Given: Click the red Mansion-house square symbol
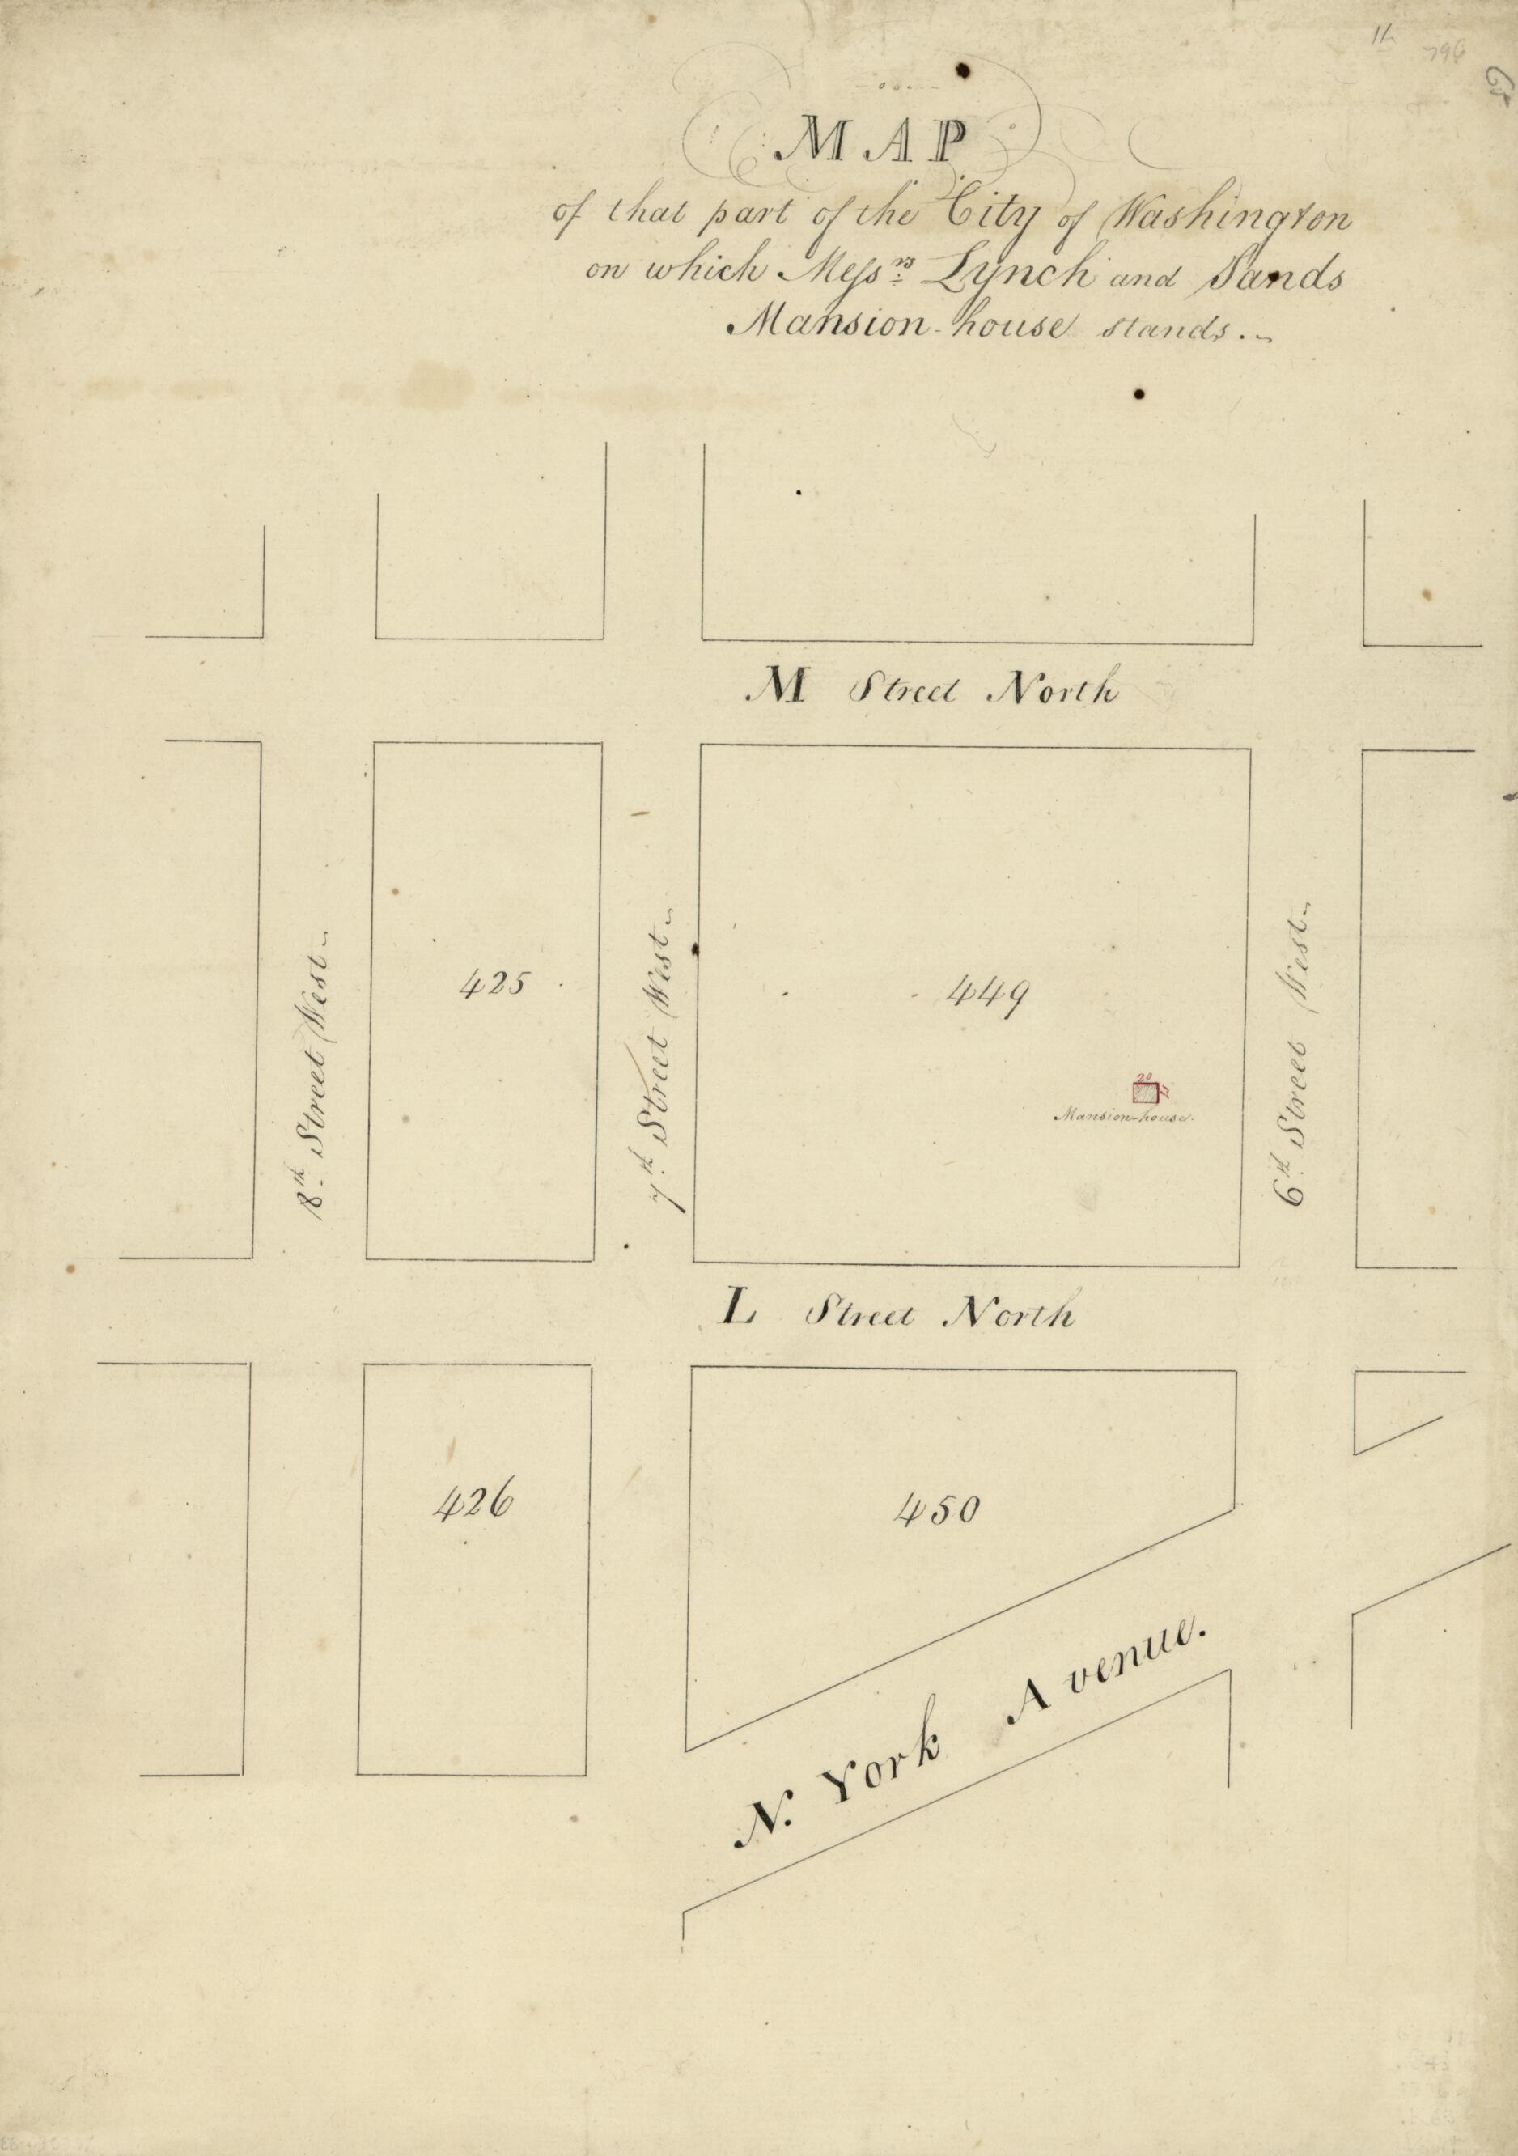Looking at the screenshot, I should [x=1143, y=1092].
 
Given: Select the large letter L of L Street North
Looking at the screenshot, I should [x=739, y=1309].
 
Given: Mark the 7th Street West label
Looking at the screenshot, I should [x=664, y=1061].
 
